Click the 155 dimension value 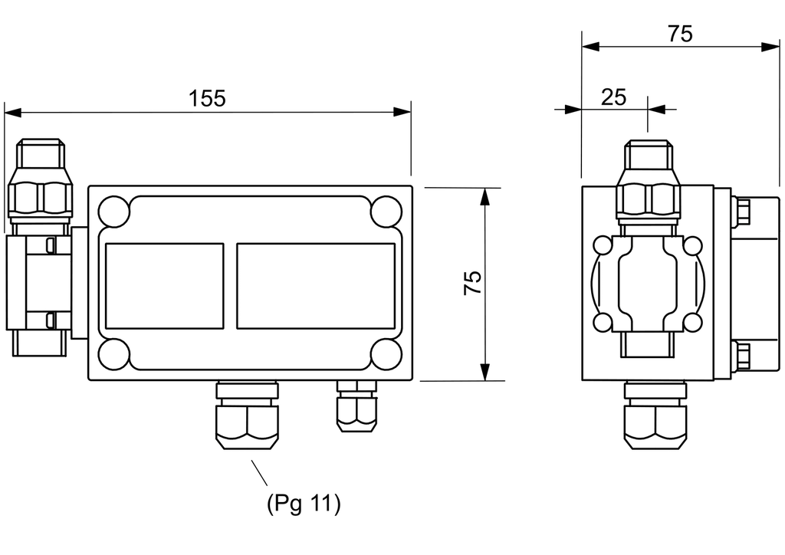207,99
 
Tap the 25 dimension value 614,97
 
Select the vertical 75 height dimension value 472,283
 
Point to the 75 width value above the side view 681,34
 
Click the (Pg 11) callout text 304,503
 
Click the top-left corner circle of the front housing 113,212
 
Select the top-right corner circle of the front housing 386,212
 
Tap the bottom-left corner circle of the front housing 113,354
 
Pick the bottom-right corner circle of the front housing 386,354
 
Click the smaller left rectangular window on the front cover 165,286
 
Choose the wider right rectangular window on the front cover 316,286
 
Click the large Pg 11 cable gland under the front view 247,415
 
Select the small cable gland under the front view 356,406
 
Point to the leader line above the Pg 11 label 259,473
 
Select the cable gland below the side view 655,415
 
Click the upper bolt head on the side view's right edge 741,210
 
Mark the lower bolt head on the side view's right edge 741,356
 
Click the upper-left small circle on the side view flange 603,246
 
